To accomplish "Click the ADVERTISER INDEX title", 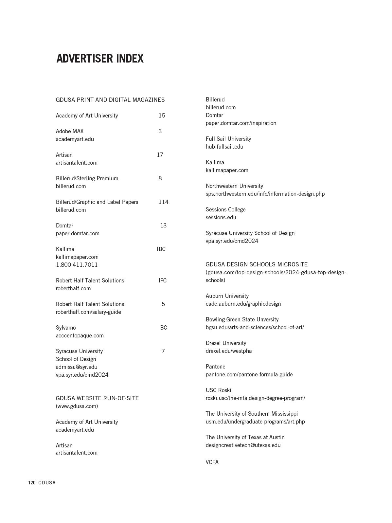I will [x=100, y=59].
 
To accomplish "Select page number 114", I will [x=163, y=202].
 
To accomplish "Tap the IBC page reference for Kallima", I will [x=161, y=249].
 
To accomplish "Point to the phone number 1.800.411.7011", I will [x=77, y=265].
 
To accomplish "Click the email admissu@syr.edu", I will [x=76, y=367].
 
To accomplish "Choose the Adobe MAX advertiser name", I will [x=69, y=131].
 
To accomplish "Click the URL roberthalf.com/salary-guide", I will [x=88, y=312].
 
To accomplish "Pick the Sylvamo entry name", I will [x=65, y=328].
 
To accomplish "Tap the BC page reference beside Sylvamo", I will [x=163, y=328].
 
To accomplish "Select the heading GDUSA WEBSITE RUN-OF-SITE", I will [x=97, y=398].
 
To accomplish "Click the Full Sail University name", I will [x=228, y=139].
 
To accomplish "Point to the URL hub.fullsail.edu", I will [x=224, y=147].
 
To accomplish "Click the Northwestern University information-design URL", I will [x=265, y=194].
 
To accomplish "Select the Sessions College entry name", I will [x=225, y=209].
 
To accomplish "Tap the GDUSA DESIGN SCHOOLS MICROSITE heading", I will [x=257, y=264].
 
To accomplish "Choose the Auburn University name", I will [x=227, y=296].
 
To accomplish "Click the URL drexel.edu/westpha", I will [x=228, y=351].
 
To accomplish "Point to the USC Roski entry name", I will [x=218, y=390].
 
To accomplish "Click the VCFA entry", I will [x=212, y=462].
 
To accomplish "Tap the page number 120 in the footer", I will [x=32, y=483].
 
